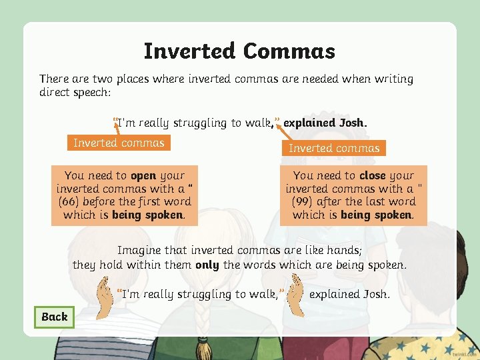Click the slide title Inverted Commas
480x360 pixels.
(239, 51)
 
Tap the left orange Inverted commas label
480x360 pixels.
(119, 143)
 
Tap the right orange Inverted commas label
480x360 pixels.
(334, 148)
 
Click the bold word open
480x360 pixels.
(143, 176)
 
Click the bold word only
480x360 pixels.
(207, 265)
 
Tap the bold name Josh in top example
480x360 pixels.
(353, 123)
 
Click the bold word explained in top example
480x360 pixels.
(309, 123)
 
